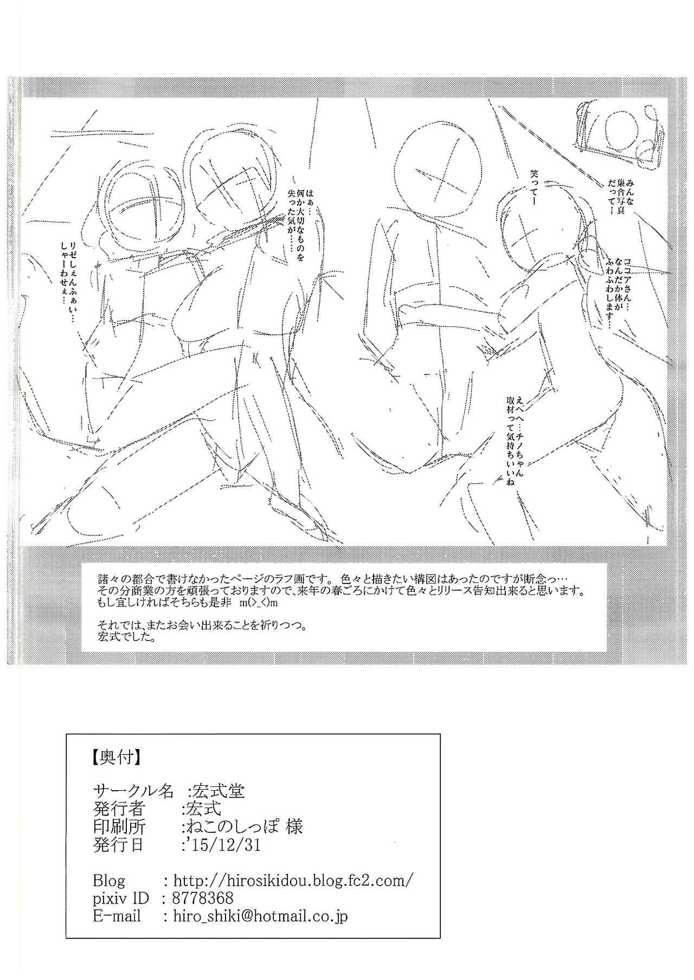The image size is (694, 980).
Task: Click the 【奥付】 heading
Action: point(116,757)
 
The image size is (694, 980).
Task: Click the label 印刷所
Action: point(119,827)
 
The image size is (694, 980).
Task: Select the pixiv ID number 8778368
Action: point(203,898)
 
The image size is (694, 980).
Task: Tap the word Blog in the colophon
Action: point(109,880)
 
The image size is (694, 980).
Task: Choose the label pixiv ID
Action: point(120,898)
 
